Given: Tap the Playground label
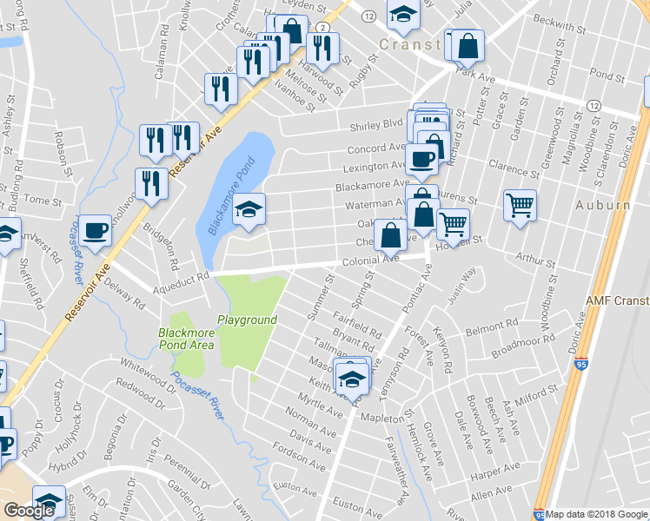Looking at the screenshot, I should [x=247, y=320].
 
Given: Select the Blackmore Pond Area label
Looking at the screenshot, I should [x=186, y=339].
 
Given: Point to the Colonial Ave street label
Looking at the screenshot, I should [x=370, y=259].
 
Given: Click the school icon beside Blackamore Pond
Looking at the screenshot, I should [x=249, y=209].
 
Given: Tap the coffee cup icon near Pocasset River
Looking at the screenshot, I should [x=96, y=230].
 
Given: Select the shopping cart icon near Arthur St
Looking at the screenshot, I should [x=520, y=206].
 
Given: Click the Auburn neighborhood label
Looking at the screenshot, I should [x=601, y=206].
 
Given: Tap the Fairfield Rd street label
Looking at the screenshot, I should [x=356, y=325].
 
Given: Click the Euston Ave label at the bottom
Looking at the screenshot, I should [x=358, y=504].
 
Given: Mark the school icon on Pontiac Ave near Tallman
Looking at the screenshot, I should [x=353, y=377].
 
